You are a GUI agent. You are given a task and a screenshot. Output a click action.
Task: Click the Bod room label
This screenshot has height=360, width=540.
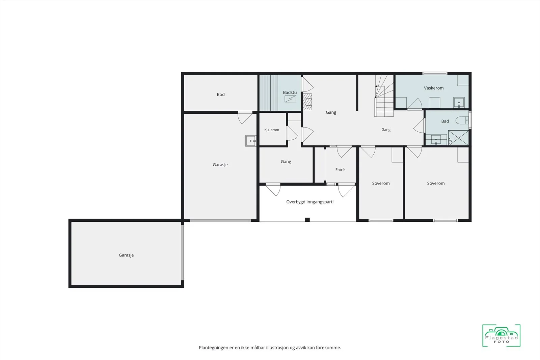tap(221, 94)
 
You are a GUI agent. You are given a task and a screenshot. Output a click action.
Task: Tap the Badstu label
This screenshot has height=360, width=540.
tap(290, 92)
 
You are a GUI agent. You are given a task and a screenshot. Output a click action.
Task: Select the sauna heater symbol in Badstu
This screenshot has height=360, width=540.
tap(290, 99)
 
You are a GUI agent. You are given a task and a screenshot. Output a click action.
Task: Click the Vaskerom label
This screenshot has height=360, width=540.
tap(434, 88)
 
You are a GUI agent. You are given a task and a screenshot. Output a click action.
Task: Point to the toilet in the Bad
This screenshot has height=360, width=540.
tap(462, 120)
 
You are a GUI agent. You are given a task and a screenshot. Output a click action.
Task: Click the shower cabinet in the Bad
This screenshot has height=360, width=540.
tap(458, 138)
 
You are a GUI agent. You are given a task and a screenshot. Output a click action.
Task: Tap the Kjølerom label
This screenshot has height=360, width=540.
tap(272, 130)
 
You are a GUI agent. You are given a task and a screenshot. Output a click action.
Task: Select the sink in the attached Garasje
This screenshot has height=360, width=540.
tap(251, 141)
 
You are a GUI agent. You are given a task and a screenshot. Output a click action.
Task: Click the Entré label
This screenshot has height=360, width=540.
tap(340, 170)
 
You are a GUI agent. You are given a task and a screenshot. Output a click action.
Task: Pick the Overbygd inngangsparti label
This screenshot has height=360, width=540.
tap(310, 202)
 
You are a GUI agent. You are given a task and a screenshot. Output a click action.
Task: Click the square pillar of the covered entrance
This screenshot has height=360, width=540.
tap(307, 220)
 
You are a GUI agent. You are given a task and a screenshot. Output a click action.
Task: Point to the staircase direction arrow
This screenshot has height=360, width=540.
tap(376, 86)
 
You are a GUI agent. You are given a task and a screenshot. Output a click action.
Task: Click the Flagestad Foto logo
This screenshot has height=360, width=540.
tap(501, 335)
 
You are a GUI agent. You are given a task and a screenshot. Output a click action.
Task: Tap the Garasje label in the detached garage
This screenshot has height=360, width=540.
tap(126, 255)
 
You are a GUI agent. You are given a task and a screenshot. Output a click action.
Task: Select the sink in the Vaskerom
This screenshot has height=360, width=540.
tap(459, 103)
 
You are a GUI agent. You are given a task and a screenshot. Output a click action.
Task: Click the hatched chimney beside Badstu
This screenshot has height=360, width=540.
tap(307, 102)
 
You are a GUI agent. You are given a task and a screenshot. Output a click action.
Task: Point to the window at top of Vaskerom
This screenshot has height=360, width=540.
tap(435, 73)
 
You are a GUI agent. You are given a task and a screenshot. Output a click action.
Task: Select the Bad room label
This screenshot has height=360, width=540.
tap(445, 121)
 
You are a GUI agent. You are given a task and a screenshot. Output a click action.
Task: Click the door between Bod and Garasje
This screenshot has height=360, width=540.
tap(245, 117)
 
